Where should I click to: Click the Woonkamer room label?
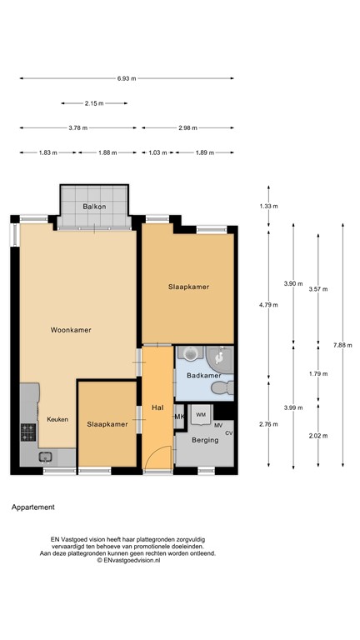[x=70, y=330]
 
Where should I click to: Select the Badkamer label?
[x=203, y=376]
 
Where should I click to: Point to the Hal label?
[x=157, y=407]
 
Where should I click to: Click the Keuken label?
[x=57, y=419]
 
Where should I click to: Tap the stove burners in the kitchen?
[x=27, y=432]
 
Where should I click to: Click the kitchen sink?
[x=45, y=456]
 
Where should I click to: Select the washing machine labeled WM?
[x=201, y=413]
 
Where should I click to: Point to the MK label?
[x=178, y=417]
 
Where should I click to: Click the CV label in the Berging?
[x=228, y=433]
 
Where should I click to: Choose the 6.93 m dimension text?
[x=126, y=78]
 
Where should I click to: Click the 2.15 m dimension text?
[x=94, y=103]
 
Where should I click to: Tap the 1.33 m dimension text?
[x=267, y=206]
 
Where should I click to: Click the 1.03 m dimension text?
[x=157, y=152]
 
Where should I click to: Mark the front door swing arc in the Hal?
[x=161, y=455]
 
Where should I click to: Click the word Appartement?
[x=33, y=507]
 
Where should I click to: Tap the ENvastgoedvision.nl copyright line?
[x=127, y=561]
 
